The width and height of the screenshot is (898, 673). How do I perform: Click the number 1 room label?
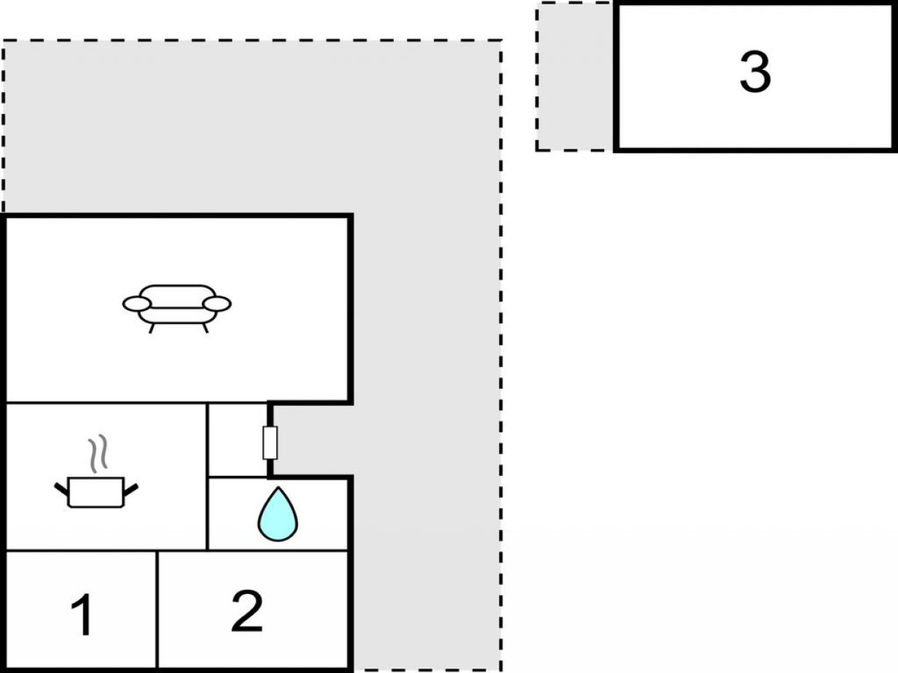pyautogui.click(x=82, y=615)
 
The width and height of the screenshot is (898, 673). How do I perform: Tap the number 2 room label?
pyautogui.click(x=247, y=611)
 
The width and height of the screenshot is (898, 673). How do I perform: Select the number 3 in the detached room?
pyautogui.click(x=756, y=72)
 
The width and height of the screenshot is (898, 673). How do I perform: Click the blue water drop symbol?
pyautogui.click(x=278, y=514)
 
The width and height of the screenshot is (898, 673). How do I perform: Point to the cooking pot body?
pyautogui.click(x=96, y=493)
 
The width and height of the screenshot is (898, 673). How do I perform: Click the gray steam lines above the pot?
pyautogui.click(x=98, y=453)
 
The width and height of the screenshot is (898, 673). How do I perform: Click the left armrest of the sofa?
pyautogui.click(x=137, y=304)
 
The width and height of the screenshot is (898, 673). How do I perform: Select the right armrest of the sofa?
pyautogui.click(x=217, y=304)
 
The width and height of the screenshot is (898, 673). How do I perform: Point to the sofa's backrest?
pyautogui.click(x=177, y=296)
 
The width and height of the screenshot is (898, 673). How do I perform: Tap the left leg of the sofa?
pyautogui.click(x=152, y=328)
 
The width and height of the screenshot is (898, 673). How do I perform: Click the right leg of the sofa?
pyautogui.click(x=206, y=328)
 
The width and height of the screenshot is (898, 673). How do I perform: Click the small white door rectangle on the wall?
pyautogui.click(x=270, y=442)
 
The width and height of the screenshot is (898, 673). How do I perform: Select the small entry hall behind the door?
pyautogui.click(x=237, y=440)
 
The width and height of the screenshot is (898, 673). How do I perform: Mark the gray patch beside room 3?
pyautogui.click(x=575, y=77)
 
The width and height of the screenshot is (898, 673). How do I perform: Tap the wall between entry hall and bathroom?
pyautogui.click(x=237, y=477)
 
